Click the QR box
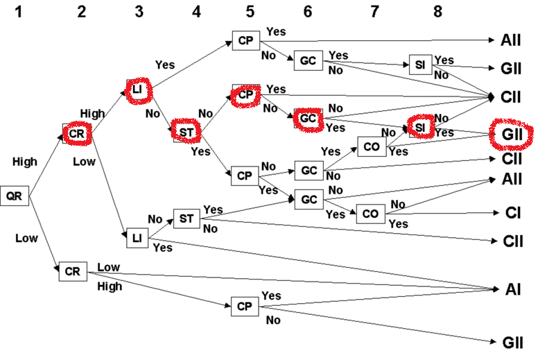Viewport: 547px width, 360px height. click(x=14, y=196)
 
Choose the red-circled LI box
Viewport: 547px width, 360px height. click(x=137, y=87)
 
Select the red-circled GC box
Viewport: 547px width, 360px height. click(x=309, y=119)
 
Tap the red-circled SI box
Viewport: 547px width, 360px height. click(x=419, y=128)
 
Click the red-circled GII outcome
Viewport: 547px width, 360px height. click(x=512, y=133)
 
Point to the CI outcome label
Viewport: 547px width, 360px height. click(x=512, y=212)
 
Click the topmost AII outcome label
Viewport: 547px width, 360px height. click(x=511, y=41)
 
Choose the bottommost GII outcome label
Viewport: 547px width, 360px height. click(x=512, y=342)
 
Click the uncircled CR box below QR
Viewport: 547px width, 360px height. click(x=72, y=271)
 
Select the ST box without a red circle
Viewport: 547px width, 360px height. click(x=186, y=219)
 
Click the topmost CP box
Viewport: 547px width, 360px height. click(x=245, y=40)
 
